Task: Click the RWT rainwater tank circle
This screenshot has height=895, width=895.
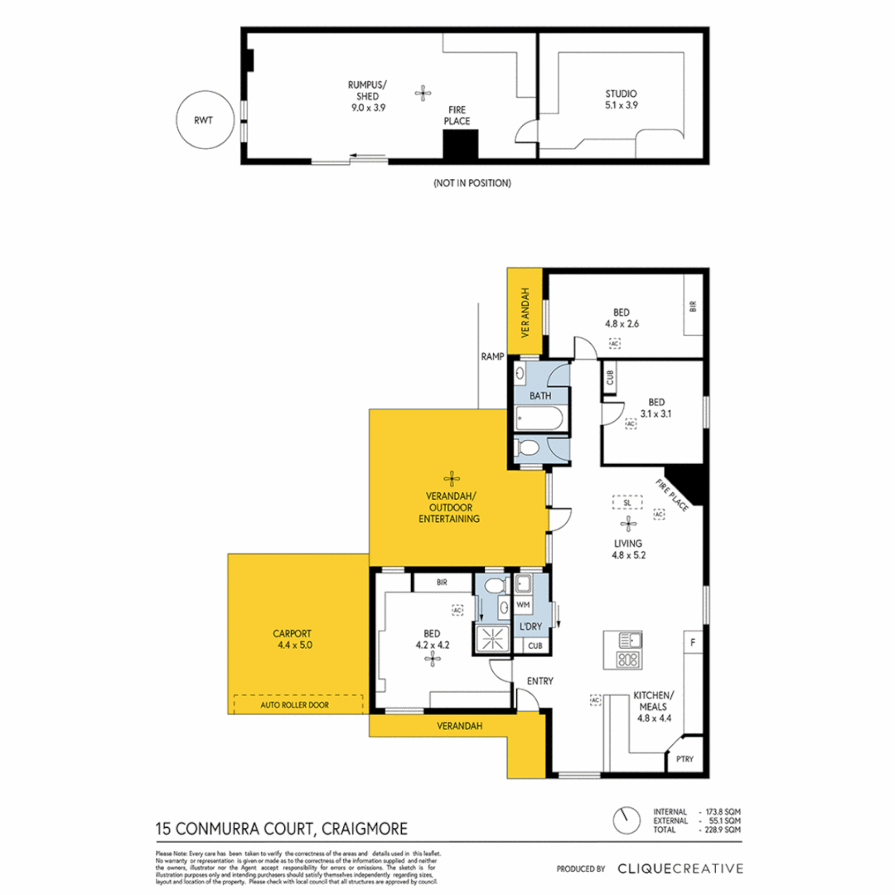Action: coord(202,120)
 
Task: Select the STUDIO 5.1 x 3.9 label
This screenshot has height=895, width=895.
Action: coord(621,99)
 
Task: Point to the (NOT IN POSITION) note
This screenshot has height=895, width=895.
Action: coord(472,182)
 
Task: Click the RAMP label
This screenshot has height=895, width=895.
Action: coord(492,357)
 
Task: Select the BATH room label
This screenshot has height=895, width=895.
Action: coord(540,396)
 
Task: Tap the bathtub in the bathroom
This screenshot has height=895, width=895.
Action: coord(539,419)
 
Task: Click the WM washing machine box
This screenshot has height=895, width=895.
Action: coord(523,606)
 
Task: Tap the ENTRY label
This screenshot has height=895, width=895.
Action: coord(540,681)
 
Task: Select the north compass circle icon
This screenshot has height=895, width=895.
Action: coord(623,820)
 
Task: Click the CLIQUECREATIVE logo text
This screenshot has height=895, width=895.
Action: coord(680,868)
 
